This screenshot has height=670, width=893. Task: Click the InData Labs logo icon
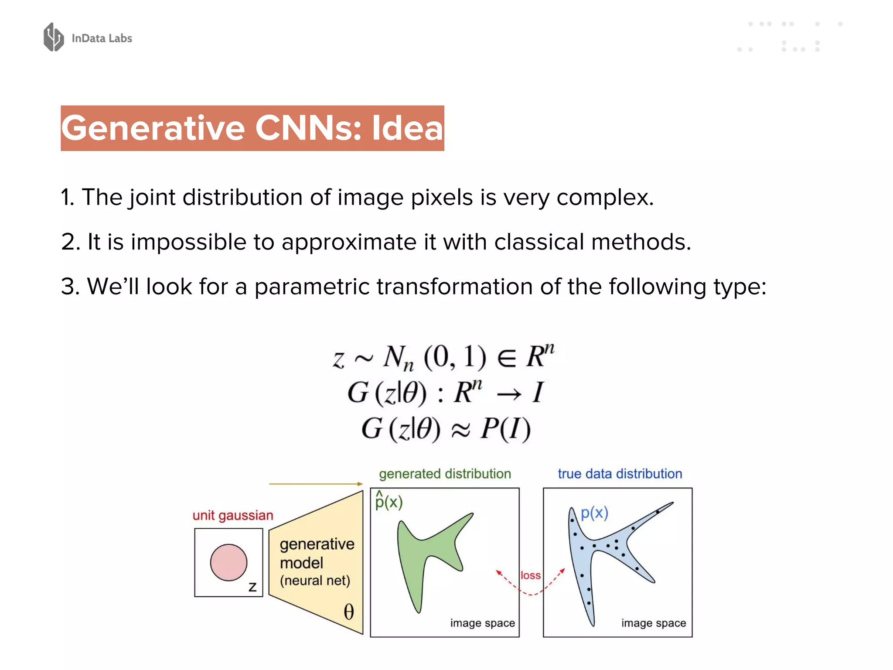[54, 37]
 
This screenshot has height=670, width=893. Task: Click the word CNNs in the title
[308, 128]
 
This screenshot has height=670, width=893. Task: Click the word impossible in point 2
[188, 242]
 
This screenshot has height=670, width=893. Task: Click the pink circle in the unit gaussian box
[228, 562]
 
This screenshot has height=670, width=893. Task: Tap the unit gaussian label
[233, 515]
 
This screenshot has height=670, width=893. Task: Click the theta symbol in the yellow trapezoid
[349, 612]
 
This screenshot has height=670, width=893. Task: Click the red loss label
[530, 575]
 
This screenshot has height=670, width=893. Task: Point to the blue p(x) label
[594, 513]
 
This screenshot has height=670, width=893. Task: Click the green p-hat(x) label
[389, 501]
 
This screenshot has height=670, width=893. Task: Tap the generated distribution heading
[445, 474]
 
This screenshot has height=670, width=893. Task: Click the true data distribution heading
[620, 474]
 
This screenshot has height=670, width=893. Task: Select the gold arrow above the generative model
[316, 484]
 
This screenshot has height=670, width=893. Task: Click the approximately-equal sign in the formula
[460, 430]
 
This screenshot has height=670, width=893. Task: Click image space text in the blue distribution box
[653, 623]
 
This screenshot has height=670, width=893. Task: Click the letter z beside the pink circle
[252, 587]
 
